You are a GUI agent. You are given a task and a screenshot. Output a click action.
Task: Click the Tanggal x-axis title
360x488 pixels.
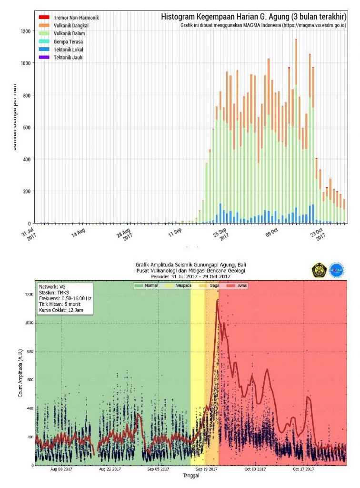point(190,476)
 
